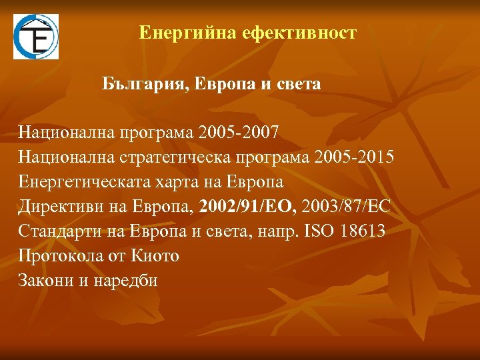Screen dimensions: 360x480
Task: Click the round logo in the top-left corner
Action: pyautogui.click(x=36, y=37)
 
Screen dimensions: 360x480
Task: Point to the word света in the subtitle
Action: pyautogui.click(x=299, y=85)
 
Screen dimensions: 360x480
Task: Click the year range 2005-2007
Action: pyautogui.click(x=239, y=132)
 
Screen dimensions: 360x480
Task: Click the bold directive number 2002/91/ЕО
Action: pyautogui.click(x=245, y=206)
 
